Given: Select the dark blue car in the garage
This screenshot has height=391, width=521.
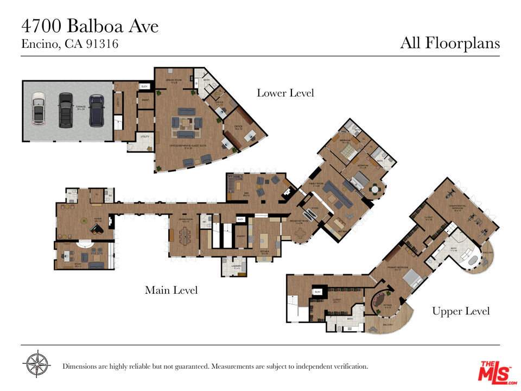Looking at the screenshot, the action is (97, 109).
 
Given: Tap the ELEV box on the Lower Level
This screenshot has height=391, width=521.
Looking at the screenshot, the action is (144, 86).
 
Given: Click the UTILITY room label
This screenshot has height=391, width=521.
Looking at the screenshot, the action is (144, 137).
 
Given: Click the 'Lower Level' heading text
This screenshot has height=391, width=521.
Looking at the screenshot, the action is (285, 93).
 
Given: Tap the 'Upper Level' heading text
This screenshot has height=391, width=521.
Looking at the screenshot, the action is (461, 311).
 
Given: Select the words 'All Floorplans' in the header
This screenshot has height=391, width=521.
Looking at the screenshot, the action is (450, 43).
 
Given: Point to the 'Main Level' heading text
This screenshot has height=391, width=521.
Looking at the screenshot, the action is (171, 291).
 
